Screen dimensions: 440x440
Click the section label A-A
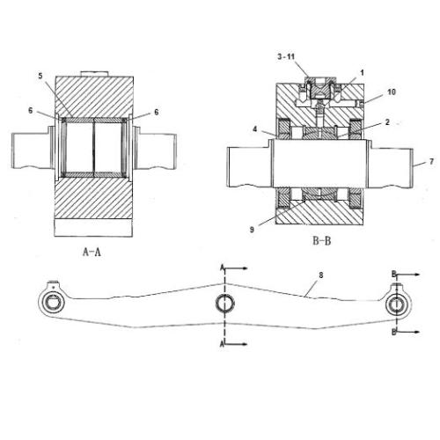click(92, 252)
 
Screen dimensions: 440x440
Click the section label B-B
click(322, 241)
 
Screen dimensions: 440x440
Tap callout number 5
click(40, 76)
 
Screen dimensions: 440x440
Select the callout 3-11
click(286, 56)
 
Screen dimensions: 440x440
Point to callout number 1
click(362, 73)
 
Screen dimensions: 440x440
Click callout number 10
click(392, 92)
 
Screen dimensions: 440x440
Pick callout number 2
click(387, 122)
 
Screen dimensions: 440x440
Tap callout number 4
click(255, 128)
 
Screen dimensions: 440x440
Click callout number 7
click(431, 161)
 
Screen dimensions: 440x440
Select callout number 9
click(252, 230)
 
